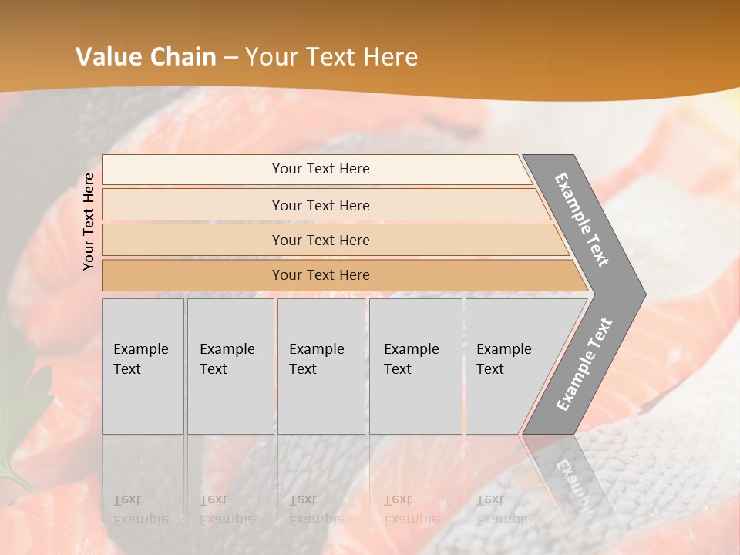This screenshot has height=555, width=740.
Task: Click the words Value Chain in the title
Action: point(146,57)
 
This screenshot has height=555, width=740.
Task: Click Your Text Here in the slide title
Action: point(331,57)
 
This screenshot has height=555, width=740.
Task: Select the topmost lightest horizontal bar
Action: point(320,169)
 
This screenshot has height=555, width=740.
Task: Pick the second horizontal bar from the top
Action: point(320,205)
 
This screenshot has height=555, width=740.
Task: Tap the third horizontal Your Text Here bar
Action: point(320,240)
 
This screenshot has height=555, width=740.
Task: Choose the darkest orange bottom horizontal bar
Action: point(320,275)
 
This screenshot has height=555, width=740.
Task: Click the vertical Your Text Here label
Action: point(89,221)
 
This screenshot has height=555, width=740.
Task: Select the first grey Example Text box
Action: point(143,366)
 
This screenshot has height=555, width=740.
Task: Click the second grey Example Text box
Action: point(230,366)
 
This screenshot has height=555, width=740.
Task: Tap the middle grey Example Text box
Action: point(321,366)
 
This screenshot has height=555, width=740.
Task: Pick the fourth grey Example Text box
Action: point(415,366)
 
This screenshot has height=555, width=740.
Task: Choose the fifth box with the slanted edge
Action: point(509,366)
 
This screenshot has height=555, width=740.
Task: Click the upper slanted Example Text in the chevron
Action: point(582,220)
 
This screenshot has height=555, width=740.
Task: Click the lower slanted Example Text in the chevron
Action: point(584,364)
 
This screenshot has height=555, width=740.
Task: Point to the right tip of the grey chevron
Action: point(644,294)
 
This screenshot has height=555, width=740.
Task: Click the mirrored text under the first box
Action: point(140,510)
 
